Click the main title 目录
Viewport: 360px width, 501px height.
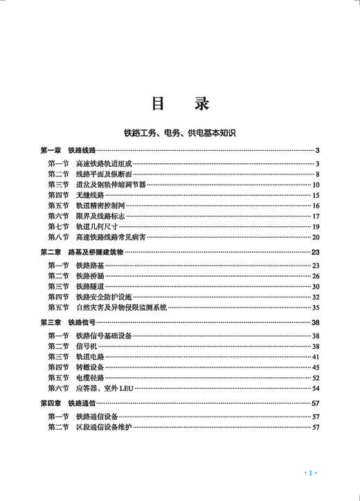tap(180, 103)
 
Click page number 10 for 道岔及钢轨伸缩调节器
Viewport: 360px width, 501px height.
tap(315, 185)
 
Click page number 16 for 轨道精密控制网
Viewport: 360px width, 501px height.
tap(315, 206)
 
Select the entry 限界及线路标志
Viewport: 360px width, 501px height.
tap(100, 216)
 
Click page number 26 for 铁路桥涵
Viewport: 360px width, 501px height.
tap(315, 276)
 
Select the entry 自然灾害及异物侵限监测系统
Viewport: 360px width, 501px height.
tap(121, 307)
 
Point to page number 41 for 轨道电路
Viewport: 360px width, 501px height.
tap(315, 356)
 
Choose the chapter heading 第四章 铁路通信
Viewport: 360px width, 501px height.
tap(68, 403)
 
